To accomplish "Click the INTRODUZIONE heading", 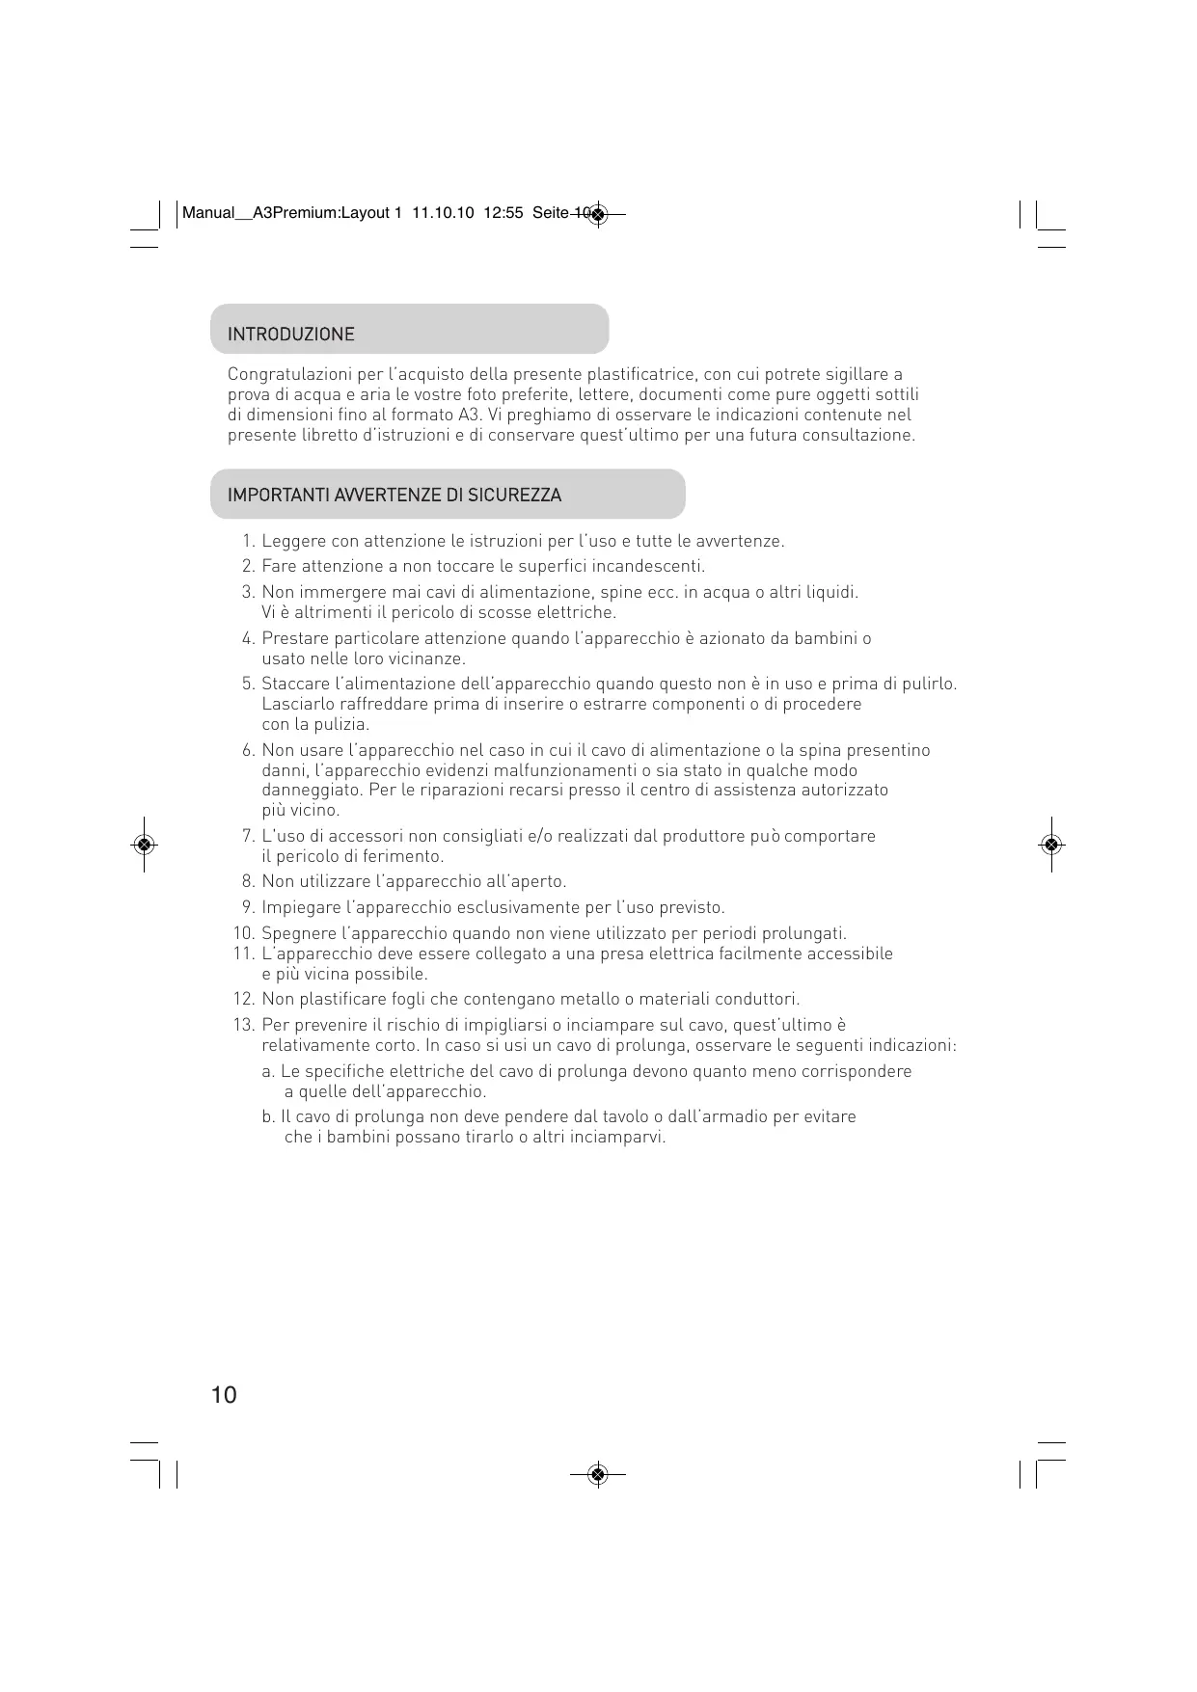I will (290, 335).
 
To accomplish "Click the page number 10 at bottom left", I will (223, 1395).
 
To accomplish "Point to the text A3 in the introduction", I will (469, 415).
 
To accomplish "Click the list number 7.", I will (248, 836).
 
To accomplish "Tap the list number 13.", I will (243, 1025).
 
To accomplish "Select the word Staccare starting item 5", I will (294, 685).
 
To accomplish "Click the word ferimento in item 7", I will (408, 856).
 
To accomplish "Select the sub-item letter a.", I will (267, 1072).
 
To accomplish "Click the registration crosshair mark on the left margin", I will (144, 845).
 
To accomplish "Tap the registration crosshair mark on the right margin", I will (1052, 845).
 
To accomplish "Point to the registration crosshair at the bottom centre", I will (598, 1474).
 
